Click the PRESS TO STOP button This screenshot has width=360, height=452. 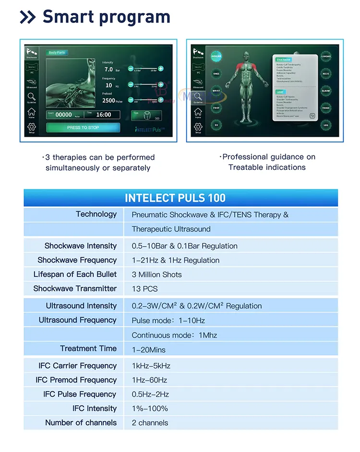click(83, 128)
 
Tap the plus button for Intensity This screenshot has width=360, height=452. click(161, 68)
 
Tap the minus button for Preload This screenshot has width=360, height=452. click(131, 100)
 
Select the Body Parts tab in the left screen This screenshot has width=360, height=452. click(57, 52)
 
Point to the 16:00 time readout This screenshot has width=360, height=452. click(103, 115)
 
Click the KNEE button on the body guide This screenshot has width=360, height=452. click(216, 73)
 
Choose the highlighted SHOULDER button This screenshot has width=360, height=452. click(216, 56)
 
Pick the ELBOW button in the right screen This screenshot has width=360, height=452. click(326, 91)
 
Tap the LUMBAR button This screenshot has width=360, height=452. click(326, 56)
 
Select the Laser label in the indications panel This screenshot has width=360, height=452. click(279, 91)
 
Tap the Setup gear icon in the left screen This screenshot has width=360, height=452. click(31, 128)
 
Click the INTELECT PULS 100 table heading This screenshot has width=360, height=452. click(175, 198)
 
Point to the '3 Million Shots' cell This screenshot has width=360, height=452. click(156, 274)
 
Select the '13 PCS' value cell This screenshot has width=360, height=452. click(144, 289)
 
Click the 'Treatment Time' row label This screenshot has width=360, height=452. click(88, 349)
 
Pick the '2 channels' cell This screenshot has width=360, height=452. click(150, 423)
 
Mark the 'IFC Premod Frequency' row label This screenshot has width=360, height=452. click(76, 380)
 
